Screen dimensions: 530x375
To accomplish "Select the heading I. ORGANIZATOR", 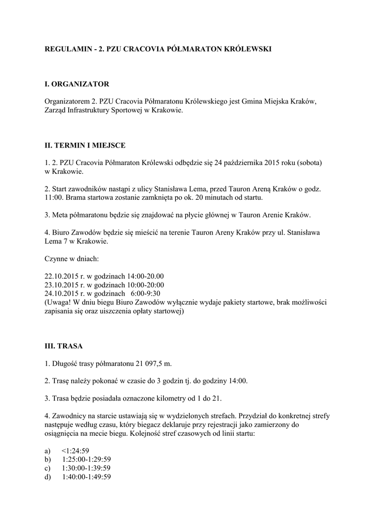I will pos(77,83).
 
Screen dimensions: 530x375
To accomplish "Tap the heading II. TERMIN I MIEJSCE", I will pos(85,145).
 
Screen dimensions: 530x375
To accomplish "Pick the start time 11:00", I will pos(53,198).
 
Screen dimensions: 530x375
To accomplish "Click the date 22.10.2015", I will pos(63,276).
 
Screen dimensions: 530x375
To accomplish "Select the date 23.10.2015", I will pos(63,285).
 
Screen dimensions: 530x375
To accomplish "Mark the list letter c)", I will pos(48,468).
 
